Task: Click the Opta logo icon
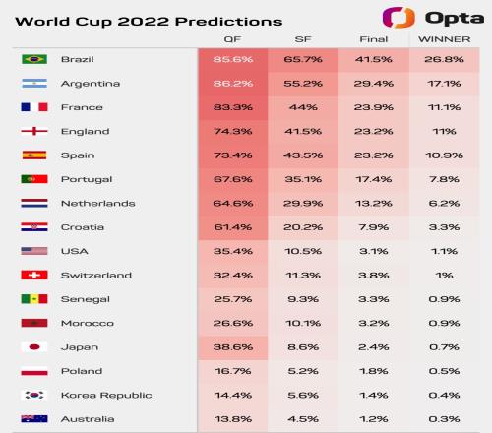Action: click(x=399, y=18)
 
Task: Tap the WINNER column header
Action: click(x=445, y=39)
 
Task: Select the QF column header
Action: click(x=232, y=39)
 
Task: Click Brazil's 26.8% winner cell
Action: click(x=444, y=59)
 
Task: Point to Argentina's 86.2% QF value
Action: click(x=233, y=84)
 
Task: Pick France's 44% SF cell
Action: click(x=303, y=107)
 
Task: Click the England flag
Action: click(x=34, y=131)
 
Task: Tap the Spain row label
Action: click(x=78, y=155)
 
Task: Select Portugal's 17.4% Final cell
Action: click(x=374, y=179)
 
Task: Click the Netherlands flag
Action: click(x=34, y=203)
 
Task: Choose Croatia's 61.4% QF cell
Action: click(x=233, y=227)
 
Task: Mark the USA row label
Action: click(x=75, y=251)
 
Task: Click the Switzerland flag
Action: click(x=34, y=275)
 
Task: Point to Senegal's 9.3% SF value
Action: click(x=303, y=299)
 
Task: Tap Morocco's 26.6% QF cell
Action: click(x=233, y=323)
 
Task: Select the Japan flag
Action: click(x=34, y=347)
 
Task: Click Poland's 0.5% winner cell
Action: click(x=444, y=371)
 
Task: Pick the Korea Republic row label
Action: click(x=106, y=395)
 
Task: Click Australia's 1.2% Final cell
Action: click(x=374, y=419)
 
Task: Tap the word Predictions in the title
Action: click(x=228, y=22)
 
